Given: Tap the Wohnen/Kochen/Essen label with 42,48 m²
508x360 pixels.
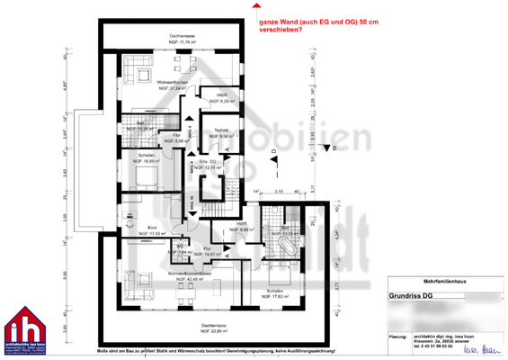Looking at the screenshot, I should pyautogui.click(x=163, y=275).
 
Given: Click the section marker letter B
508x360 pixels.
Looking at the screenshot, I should pyautogui.click(x=333, y=148).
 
